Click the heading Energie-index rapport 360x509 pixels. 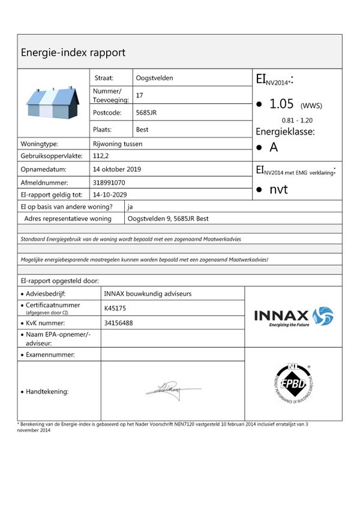tap(73, 52)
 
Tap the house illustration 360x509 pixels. tap(53, 103)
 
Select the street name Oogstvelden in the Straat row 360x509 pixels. tap(155, 78)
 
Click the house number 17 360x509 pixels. tap(140, 95)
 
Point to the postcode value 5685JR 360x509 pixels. tap(146, 112)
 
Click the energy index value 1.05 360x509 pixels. tap(281, 104)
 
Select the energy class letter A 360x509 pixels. tap(274, 147)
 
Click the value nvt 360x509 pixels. tap(278, 190)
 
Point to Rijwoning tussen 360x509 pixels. tap(118, 144)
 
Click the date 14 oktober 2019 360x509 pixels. tap(117, 169)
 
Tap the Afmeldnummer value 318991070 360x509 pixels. tap(109, 182)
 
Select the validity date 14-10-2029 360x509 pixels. tap(110, 194)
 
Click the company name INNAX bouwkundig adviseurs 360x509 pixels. tap(148, 294)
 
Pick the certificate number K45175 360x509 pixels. tap(115, 309)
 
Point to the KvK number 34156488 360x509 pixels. tap(118, 323)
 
